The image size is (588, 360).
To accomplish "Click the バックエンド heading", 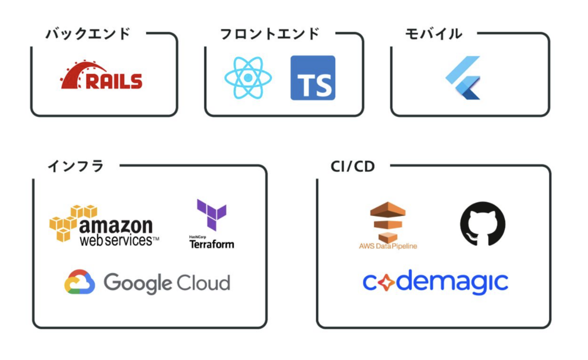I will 88,34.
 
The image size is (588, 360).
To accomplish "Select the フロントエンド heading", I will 270,34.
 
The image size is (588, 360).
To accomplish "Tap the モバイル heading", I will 434,34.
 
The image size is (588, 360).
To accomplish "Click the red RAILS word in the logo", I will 114,81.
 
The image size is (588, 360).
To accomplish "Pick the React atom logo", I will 248,78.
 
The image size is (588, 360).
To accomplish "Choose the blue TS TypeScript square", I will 313,78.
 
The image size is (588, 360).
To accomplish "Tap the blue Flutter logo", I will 464,78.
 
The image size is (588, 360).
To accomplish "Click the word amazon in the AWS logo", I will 116,226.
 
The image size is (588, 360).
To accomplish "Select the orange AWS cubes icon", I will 70,223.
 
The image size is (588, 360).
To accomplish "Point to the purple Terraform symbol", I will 211,215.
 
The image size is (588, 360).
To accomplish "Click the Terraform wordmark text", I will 212,244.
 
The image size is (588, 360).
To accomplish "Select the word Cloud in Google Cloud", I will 203,283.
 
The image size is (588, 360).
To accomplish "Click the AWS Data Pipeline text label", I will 388,246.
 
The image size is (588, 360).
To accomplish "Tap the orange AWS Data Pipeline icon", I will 388,221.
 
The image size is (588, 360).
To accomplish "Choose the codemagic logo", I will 435,283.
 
